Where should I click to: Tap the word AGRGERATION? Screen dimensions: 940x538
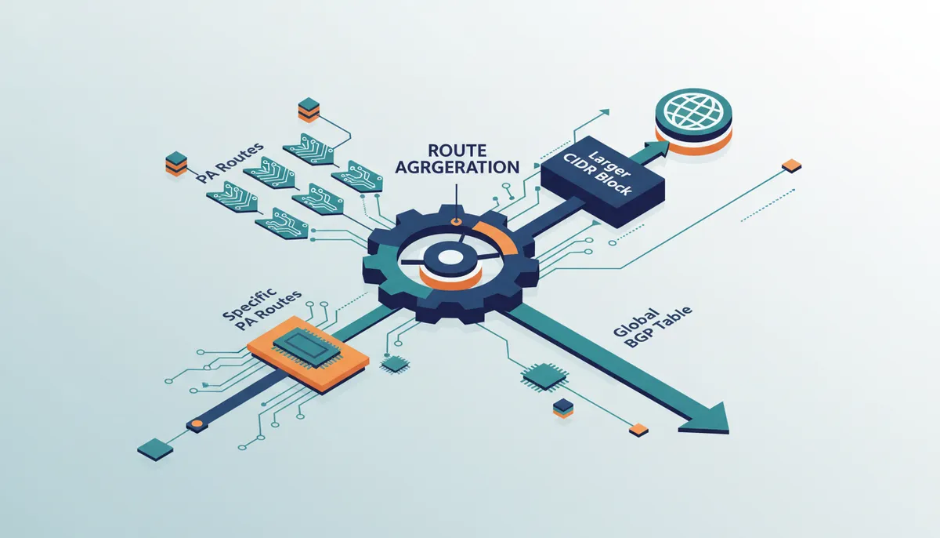(x=457, y=167)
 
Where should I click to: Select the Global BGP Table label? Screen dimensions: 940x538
(x=652, y=327)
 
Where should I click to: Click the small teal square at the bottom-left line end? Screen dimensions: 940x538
(x=155, y=449)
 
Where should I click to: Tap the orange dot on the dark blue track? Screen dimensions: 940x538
(x=196, y=424)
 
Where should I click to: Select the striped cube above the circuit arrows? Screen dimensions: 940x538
(x=309, y=109)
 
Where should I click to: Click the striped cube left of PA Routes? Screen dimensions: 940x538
(x=176, y=163)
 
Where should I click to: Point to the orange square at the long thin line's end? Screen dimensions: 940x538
(x=791, y=165)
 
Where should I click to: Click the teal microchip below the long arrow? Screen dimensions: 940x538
(x=545, y=376)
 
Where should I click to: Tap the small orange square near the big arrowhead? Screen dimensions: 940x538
(x=638, y=430)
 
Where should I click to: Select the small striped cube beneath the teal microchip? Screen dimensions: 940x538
(x=562, y=409)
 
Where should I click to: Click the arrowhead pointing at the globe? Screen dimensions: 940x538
(x=658, y=149)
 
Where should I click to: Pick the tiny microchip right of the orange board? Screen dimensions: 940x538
(x=395, y=364)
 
